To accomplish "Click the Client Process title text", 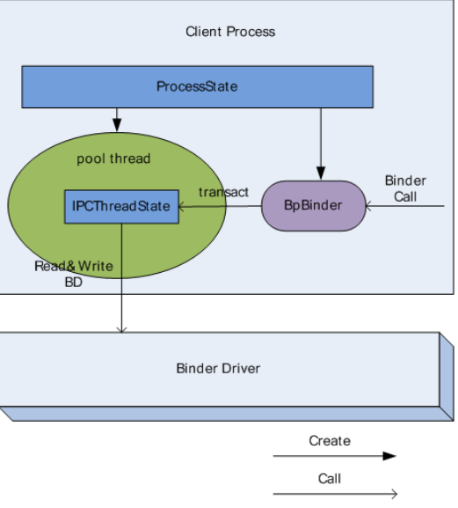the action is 230,32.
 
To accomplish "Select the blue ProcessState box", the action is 197,87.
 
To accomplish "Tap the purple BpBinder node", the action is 314,206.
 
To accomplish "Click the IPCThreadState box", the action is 121,207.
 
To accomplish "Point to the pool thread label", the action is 113,158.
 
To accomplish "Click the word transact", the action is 223,192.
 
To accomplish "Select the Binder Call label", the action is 405,188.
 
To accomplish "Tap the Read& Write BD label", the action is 74,274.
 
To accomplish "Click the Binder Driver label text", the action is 218,368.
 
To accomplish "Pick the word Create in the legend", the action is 330,441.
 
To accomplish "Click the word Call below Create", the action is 330,479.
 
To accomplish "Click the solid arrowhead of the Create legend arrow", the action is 389,456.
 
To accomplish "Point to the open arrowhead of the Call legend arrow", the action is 394,494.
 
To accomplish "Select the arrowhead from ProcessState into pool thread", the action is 117,125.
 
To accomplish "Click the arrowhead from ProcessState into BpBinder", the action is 321,173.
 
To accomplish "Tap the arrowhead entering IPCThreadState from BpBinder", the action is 181,207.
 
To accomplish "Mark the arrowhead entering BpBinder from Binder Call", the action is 368,206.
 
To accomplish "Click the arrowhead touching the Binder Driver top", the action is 121,330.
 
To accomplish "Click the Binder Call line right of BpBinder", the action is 405,206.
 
